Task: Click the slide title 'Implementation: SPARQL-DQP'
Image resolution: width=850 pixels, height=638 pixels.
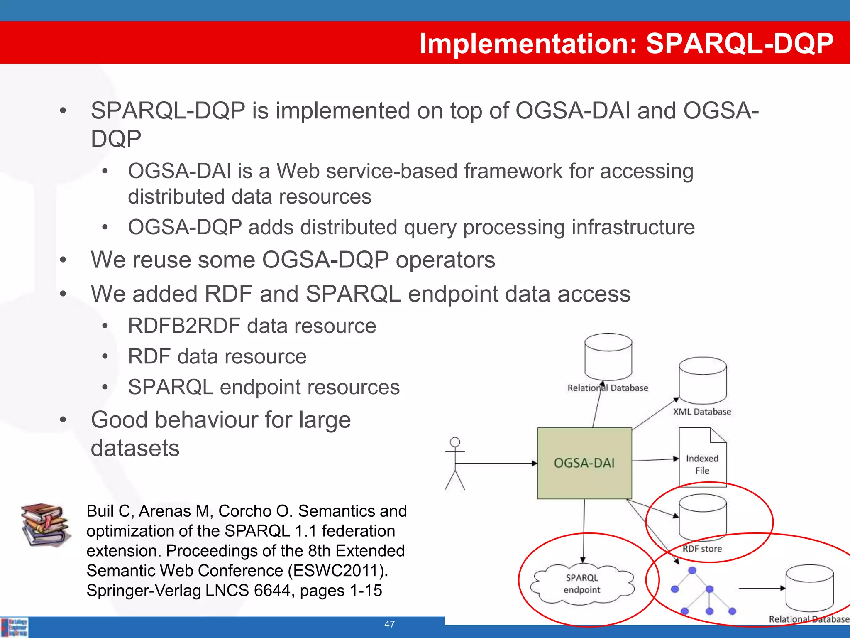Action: [626, 43]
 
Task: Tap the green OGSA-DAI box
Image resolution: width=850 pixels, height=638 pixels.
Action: [584, 463]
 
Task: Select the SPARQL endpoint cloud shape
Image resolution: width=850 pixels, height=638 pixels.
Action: [582, 584]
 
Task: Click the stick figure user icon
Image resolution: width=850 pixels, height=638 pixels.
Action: [455, 463]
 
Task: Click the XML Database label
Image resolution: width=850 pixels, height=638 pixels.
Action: [702, 412]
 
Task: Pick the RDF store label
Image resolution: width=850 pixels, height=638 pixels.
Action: [702, 549]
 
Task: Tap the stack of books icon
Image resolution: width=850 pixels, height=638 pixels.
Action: [45, 524]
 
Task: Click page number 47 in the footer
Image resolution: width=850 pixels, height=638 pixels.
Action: [389, 624]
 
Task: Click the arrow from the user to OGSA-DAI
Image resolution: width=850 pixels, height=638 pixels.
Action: [496, 463]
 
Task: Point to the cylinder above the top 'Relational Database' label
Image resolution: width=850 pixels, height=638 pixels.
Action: [608, 356]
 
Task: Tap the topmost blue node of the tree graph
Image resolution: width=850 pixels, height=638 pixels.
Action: [692, 570]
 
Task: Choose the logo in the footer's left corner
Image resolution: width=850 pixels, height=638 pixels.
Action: [15, 627]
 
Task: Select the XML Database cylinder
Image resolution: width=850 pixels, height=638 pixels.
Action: [702, 380]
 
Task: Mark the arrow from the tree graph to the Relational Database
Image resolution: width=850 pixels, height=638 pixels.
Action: [762, 588]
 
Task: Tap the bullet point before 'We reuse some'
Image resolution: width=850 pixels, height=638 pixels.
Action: [63, 260]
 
